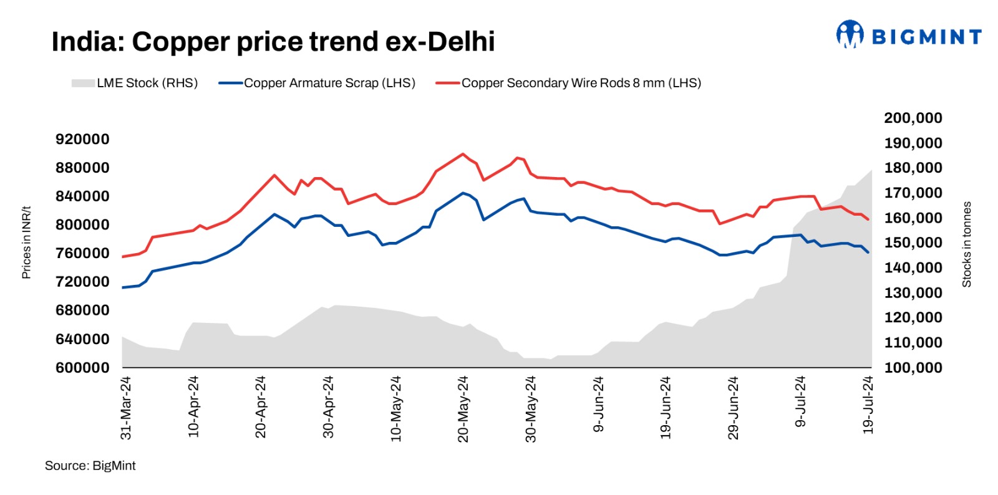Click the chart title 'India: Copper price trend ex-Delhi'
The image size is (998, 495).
pos(273,42)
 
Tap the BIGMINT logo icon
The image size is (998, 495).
pos(850,34)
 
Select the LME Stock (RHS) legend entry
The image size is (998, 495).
pos(135,83)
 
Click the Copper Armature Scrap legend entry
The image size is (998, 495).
pos(317,83)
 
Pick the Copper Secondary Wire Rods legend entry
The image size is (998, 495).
pos(568,83)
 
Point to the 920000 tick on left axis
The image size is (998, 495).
pos(82,139)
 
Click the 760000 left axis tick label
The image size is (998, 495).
pos(82,253)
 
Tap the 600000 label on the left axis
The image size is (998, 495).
pos(82,368)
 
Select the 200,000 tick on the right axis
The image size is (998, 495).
pos(913,118)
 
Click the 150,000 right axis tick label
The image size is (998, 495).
pos(913,243)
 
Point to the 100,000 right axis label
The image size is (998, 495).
pos(913,368)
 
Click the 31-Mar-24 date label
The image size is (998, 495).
pos(126,408)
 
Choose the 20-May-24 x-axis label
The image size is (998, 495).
pos(463,409)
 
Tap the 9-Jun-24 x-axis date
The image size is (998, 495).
pos(598,404)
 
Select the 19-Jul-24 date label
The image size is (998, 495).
pos(868,405)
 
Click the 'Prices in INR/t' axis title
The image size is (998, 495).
pos(26,242)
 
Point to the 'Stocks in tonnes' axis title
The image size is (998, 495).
pos(967,244)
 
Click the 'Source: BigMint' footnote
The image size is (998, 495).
pos(90,466)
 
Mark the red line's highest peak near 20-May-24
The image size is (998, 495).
pos(462,153)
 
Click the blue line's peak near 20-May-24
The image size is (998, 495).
pos(463,193)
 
